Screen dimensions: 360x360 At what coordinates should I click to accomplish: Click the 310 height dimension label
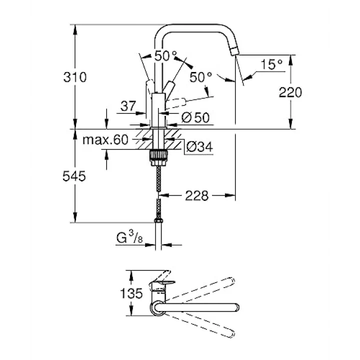click(75, 77)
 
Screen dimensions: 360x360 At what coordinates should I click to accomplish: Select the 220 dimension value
click(290, 92)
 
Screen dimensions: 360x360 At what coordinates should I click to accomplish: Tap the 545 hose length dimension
click(74, 176)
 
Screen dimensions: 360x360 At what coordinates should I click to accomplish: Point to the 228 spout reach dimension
click(197, 196)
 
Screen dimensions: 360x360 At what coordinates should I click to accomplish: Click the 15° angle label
click(271, 64)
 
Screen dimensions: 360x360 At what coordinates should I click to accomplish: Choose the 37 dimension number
click(128, 106)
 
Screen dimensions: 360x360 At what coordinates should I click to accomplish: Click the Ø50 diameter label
click(195, 117)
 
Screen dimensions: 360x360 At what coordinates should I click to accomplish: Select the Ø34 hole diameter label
click(199, 146)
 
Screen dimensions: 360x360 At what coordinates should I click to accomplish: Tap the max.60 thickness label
click(105, 139)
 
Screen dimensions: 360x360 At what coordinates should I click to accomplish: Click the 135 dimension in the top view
click(131, 293)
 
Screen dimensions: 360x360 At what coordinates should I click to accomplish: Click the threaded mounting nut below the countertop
click(158, 157)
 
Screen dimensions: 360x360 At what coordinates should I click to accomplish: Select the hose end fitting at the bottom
click(158, 220)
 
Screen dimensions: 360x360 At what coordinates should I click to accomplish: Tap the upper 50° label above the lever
click(166, 56)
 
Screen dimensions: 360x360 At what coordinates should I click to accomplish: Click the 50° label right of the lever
click(201, 77)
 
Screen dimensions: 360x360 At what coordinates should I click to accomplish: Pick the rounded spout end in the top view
click(236, 307)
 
